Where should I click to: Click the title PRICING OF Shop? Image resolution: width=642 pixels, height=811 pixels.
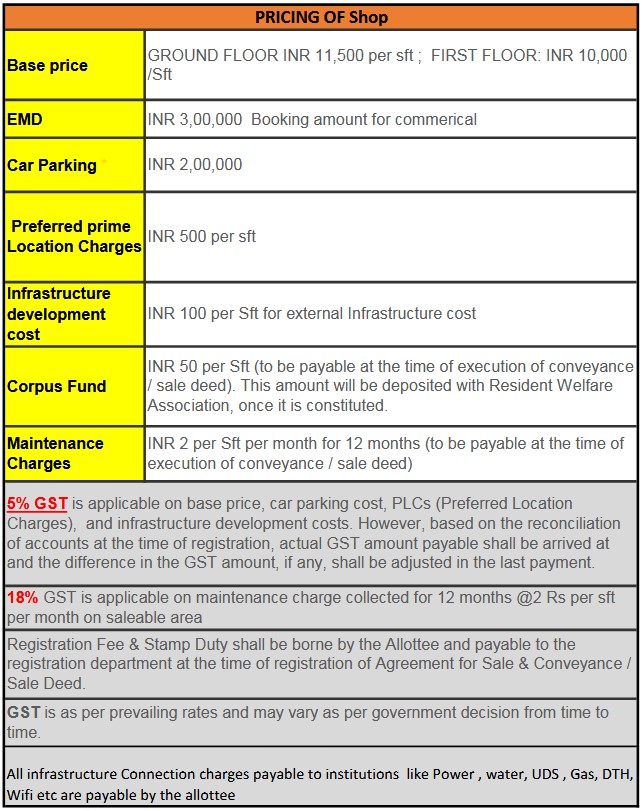(x=321, y=17)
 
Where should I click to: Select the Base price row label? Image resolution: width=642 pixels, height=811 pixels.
(x=47, y=66)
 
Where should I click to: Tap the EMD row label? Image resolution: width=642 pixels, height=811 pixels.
(x=25, y=119)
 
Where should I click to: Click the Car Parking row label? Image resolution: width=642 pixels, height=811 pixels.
(x=52, y=165)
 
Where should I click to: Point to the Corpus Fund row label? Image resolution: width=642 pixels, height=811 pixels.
(x=57, y=386)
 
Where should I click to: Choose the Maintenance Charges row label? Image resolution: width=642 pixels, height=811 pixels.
(x=55, y=453)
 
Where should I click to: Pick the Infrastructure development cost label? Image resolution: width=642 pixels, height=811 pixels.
(x=59, y=313)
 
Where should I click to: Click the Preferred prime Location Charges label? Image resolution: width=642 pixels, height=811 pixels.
(x=76, y=236)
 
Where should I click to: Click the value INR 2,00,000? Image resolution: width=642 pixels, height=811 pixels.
(x=195, y=165)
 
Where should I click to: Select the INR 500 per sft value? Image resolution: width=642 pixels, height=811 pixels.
(x=202, y=237)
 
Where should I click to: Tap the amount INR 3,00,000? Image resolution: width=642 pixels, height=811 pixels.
(x=195, y=120)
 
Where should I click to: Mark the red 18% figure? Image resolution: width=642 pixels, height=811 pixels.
(x=23, y=597)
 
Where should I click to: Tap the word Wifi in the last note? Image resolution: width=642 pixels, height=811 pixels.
(x=23, y=795)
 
